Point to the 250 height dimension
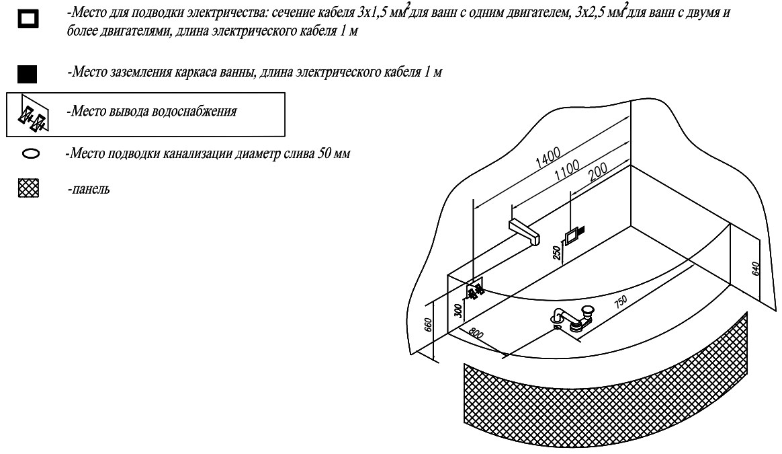[x=556, y=252]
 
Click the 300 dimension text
[x=459, y=310]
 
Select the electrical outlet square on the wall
[x=573, y=237]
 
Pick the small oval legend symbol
[x=30, y=154]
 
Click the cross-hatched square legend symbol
[x=29, y=189]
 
